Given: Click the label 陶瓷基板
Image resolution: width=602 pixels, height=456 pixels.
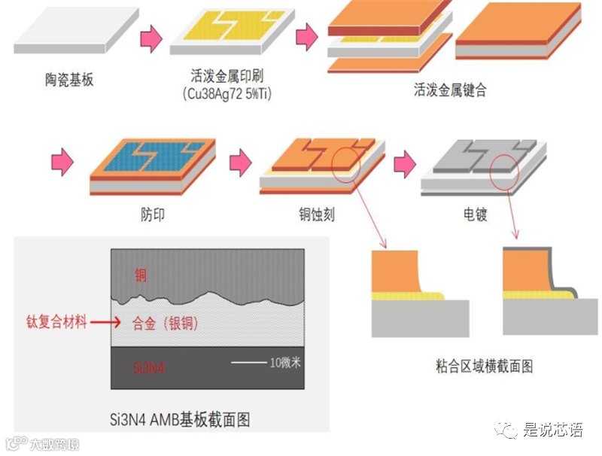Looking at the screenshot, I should coord(69,80).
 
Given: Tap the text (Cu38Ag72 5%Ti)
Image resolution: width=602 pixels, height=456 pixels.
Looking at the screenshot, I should coord(227,94).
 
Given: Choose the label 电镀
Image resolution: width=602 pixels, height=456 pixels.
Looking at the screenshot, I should coord(475,215).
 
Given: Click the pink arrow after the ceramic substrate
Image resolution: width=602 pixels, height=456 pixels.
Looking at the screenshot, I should coord(151,38).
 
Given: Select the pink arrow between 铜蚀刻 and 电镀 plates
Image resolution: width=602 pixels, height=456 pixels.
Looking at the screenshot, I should coord(405,160).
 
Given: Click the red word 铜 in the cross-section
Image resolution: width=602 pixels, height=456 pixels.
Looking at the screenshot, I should coord(141,275).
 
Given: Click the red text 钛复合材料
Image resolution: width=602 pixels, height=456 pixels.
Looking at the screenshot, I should coord(56,323).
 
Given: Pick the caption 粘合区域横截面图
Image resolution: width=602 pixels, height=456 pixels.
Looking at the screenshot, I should coord(484,366).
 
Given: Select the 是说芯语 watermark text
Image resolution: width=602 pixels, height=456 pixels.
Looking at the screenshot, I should coord(553,430).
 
